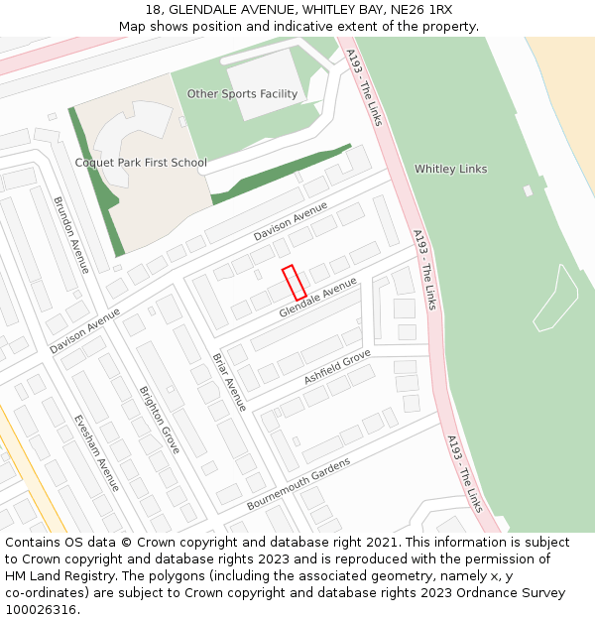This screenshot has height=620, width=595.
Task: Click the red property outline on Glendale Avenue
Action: (x=294, y=283)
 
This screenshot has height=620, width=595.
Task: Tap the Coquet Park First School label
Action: (x=141, y=163)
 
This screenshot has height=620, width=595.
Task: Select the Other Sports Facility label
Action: (x=242, y=94)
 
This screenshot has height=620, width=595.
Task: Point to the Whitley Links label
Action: (x=450, y=169)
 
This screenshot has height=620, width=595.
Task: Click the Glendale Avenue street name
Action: (x=317, y=298)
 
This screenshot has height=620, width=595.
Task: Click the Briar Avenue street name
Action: (x=229, y=382)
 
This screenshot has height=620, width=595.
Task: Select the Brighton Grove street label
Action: (x=159, y=420)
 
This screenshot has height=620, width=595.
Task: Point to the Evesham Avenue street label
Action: (x=96, y=452)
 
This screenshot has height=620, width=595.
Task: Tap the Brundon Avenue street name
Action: (x=71, y=235)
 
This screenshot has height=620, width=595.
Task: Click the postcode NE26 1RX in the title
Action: (x=418, y=9)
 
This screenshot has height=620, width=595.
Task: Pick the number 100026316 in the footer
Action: (x=41, y=610)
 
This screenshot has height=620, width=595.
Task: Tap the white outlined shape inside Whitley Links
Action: (x=556, y=299)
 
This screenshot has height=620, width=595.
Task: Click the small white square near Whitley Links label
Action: (x=529, y=190)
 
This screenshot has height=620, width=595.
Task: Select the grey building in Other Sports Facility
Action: (x=264, y=83)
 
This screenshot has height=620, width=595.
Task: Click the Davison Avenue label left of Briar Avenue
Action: (x=84, y=331)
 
